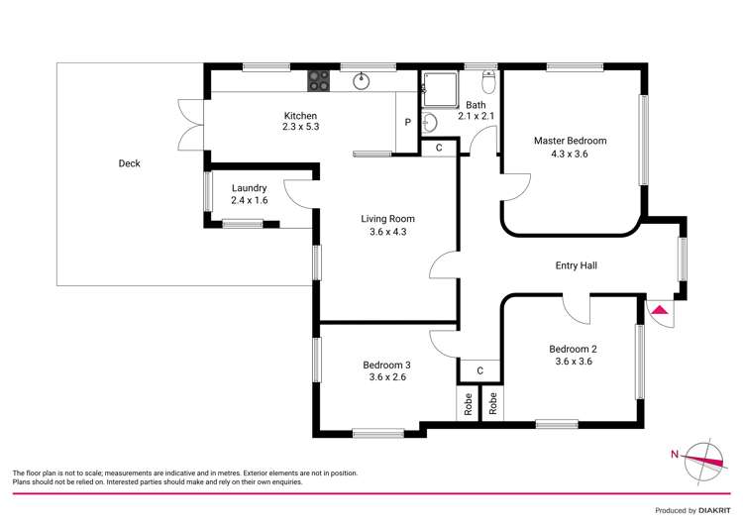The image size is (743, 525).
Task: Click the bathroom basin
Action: (x=429, y=123)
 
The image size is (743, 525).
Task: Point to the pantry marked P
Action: (x=407, y=123)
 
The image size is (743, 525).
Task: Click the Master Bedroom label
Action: (x=570, y=141)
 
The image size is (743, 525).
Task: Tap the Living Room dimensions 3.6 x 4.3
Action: (x=387, y=232)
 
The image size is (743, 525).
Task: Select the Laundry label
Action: (x=249, y=188)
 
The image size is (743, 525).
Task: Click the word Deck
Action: (x=129, y=163)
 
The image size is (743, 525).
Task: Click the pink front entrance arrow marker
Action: (x=660, y=310)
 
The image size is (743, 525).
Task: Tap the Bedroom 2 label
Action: (x=574, y=349)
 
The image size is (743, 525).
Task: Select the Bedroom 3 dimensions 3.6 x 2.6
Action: (x=387, y=377)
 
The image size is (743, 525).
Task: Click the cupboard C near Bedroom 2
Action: (x=479, y=370)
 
